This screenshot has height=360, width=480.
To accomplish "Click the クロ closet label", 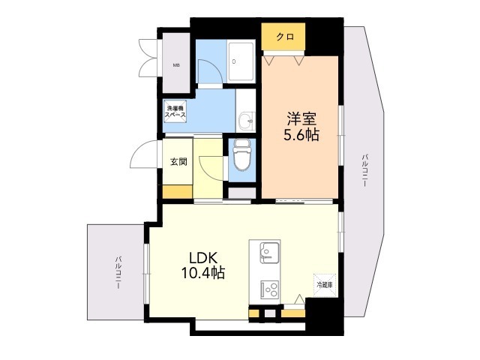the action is pyautogui.click(x=285, y=37).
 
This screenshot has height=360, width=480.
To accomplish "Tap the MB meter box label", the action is pyautogui.click(x=176, y=65).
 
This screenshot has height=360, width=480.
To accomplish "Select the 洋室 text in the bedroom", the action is pyautogui.click(x=301, y=118).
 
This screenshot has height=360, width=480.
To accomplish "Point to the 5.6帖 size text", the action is pyautogui.click(x=301, y=134).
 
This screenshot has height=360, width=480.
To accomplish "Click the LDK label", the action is pyautogui.click(x=203, y=258).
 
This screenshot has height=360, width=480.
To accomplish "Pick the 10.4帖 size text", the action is pyautogui.click(x=203, y=272).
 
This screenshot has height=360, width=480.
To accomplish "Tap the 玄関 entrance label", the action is pyautogui.click(x=178, y=161).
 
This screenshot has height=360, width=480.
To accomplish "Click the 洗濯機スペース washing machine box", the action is pyautogui.click(x=175, y=112).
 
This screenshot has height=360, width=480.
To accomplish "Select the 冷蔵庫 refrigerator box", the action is pyautogui.click(x=325, y=285).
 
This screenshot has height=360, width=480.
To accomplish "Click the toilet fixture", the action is pyautogui.click(x=241, y=155).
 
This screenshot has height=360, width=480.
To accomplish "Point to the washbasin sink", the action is pyautogui.click(x=246, y=120).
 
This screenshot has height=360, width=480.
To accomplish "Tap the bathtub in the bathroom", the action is pyautogui.click(x=241, y=61).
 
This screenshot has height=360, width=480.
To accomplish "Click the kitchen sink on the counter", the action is pyautogui.click(x=269, y=253).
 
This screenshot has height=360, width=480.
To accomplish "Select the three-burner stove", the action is pyautogui.click(x=270, y=289).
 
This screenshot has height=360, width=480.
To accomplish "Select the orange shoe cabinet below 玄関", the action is pyautogui.click(x=178, y=192).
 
